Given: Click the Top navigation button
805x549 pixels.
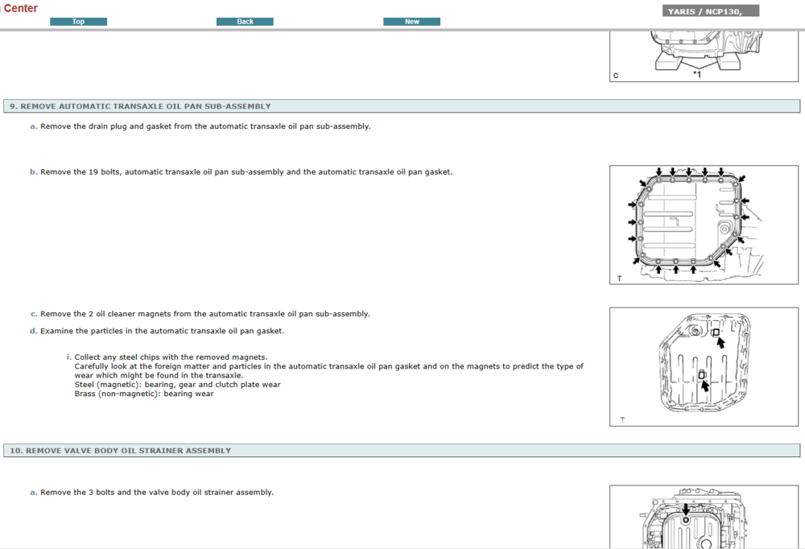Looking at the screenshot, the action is (79, 22).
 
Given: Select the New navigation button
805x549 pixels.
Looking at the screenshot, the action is (411, 22).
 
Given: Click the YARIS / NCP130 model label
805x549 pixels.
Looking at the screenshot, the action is (705, 11).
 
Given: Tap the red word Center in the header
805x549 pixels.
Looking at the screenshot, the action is (21, 8).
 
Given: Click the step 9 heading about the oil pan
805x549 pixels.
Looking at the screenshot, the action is (140, 106).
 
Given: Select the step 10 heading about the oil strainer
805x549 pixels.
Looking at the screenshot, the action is (120, 451).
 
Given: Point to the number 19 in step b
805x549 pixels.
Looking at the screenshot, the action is (93, 172).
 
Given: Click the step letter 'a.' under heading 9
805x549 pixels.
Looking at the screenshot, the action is (33, 126).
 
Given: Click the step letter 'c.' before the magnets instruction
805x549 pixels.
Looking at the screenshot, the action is (33, 314).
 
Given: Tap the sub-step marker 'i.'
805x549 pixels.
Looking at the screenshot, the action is (68, 357).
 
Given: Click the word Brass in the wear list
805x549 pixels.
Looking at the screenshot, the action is (85, 394).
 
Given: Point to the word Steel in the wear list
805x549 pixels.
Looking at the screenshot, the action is (85, 385).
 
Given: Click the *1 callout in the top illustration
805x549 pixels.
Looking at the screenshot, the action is (696, 75).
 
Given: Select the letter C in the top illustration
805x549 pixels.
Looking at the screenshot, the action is (616, 76).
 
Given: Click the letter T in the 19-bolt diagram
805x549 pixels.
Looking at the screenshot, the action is (620, 279).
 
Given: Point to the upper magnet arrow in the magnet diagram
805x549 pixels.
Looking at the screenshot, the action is (720, 343).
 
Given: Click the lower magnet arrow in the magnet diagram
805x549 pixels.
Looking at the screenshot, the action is (705, 386).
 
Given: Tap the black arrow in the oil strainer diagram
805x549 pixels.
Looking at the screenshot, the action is (685, 510).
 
